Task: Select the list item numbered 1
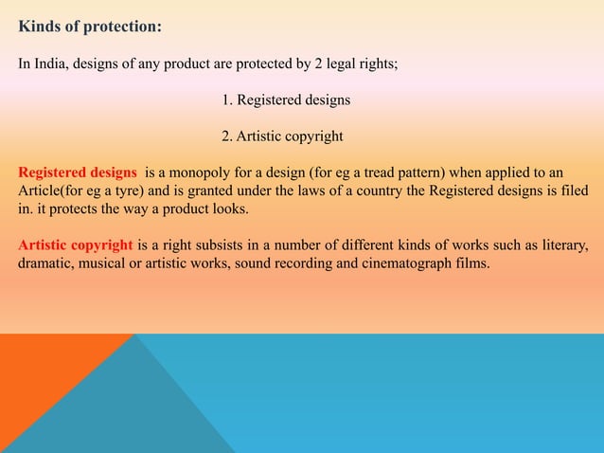pos(286,100)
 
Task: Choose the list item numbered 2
pos(282,136)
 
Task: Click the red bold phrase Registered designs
pos(78,172)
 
